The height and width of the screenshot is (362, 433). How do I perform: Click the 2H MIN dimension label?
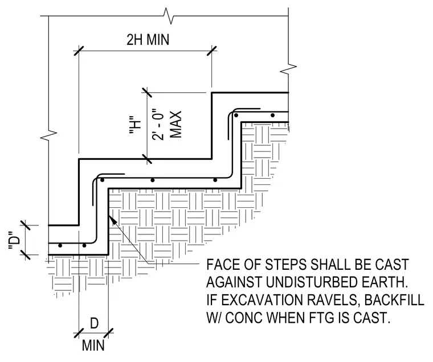click(x=148, y=39)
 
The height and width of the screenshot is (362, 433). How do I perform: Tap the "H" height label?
click(x=136, y=125)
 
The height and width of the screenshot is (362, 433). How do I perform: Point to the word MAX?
click(x=175, y=125)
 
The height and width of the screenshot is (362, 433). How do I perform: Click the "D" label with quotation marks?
click(x=14, y=241)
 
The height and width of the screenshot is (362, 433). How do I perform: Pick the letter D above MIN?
click(x=94, y=323)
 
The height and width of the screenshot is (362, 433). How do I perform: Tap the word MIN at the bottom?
click(x=93, y=345)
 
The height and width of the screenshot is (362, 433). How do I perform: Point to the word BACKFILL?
click(x=394, y=299)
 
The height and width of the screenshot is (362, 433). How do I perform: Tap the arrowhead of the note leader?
click(x=112, y=220)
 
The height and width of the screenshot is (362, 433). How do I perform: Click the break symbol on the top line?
click(x=169, y=16)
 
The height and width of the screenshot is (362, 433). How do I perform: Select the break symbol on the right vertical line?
click(x=289, y=68)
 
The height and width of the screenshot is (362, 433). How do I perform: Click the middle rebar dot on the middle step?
click(x=153, y=180)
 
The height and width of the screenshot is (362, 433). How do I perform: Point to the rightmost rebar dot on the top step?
click(x=272, y=116)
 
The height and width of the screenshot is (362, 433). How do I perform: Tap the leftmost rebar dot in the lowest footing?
click(x=60, y=245)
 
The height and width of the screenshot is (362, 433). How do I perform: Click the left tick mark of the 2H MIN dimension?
click(x=79, y=51)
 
